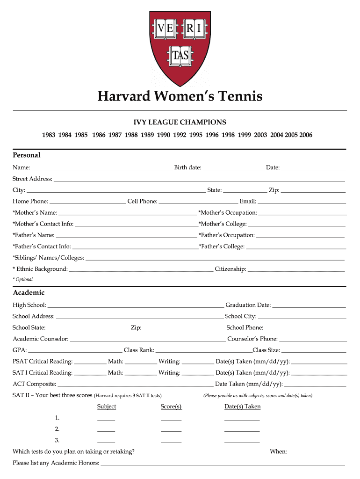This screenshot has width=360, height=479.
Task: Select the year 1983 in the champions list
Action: [x=49, y=135]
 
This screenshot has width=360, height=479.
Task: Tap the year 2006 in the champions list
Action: [x=306, y=135]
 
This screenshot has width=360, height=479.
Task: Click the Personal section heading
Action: [x=27, y=155]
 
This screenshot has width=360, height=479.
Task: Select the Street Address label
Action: [x=32, y=179]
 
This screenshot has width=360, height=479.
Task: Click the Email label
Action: [x=247, y=202]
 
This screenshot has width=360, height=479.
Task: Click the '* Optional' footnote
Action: [x=23, y=279]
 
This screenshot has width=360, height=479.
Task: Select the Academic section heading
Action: [x=29, y=293]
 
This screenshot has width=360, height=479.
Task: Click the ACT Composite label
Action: [x=34, y=384]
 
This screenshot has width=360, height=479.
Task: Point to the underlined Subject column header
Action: [x=107, y=406]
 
